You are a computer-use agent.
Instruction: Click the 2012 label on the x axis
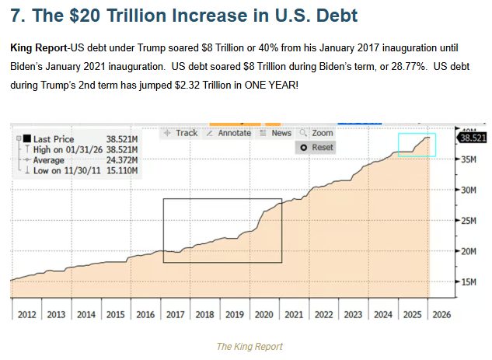coord(27,314)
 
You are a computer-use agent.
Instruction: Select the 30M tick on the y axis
coord(468,190)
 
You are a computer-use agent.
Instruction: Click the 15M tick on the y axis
coord(468,281)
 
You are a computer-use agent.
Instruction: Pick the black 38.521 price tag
coord(473,138)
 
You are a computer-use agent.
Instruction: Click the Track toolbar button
coord(181,133)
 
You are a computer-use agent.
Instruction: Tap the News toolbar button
coord(276,133)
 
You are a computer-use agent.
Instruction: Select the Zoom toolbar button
coord(317,133)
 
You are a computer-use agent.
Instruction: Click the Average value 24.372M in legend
coord(121,159)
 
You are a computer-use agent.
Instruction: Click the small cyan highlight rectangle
coord(417,145)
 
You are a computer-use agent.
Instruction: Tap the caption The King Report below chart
coord(249,346)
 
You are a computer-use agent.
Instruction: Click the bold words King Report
coord(38,48)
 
